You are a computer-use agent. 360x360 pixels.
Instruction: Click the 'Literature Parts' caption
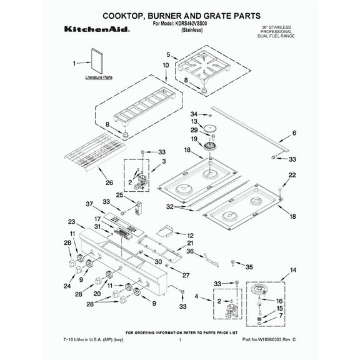pyautogui.click(x=99, y=79)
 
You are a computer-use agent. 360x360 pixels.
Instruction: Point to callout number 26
pyautogui.click(x=109, y=183)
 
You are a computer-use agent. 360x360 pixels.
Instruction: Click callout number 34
pyautogui.click(x=194, y=114)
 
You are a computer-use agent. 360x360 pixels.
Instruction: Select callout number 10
pyautogui.click(x=166, y=65)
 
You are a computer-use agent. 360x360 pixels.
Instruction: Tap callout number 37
pyautogui.click(x=89, y=204)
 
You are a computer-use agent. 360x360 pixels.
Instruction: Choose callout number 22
pyautogui.click(x=291, y=176)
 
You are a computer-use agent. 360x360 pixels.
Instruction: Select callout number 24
pyautogui.click(x=67, y=286)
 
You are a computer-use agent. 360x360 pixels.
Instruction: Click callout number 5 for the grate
pyautogui.click(x=168, y=55)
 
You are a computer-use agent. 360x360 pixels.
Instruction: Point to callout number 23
pyautogui.click(x=71, y=222)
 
